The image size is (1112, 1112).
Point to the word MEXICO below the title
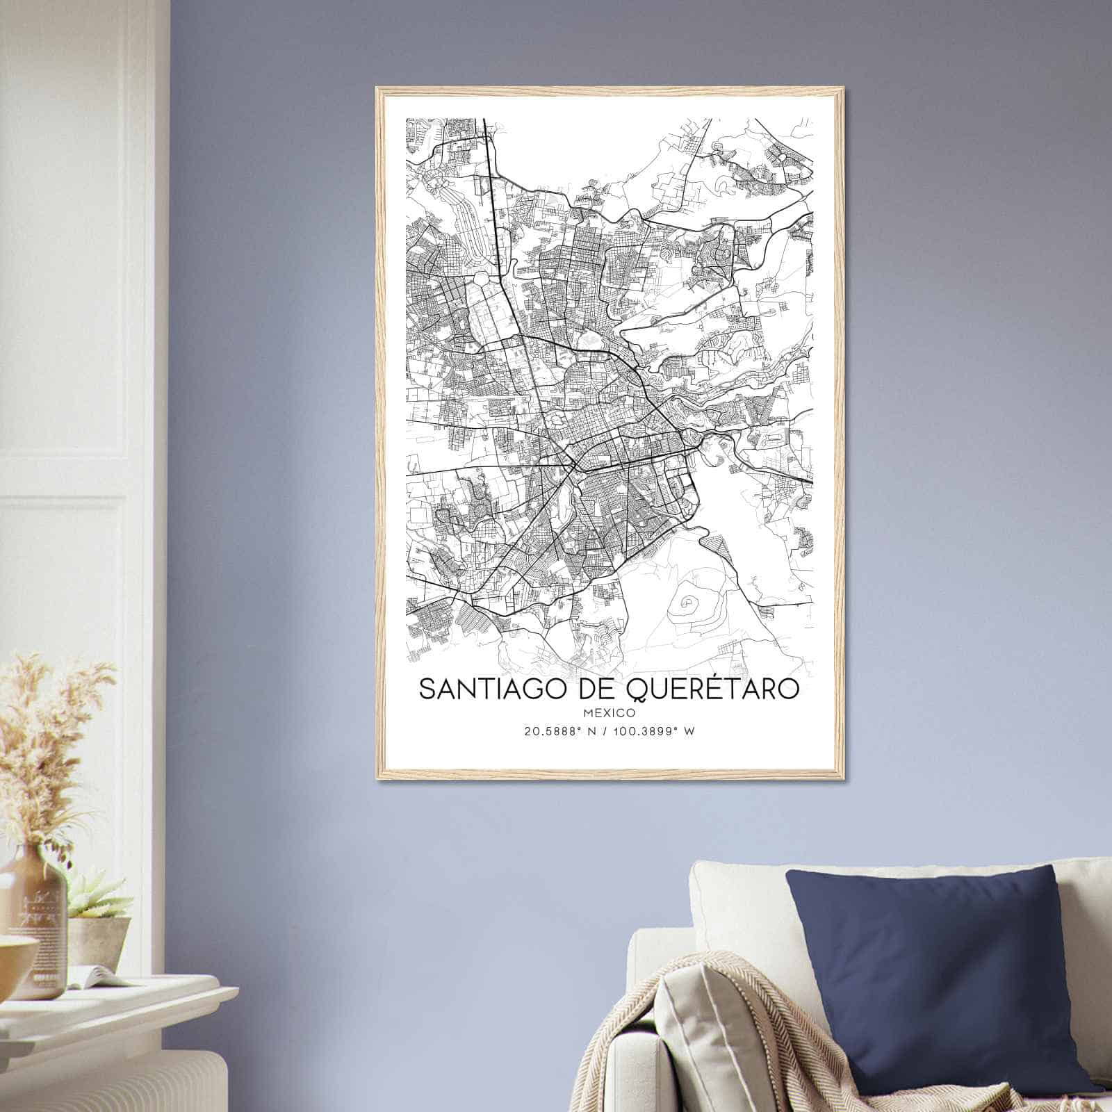tap(610, 712)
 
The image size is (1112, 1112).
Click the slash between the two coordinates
tap(610, 730)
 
